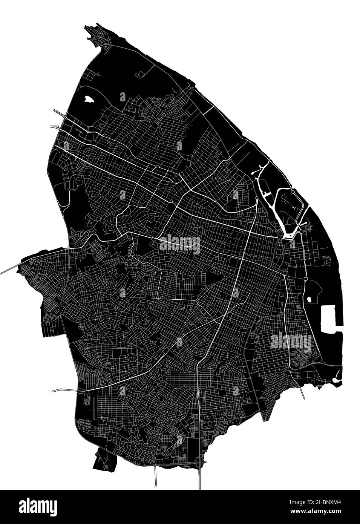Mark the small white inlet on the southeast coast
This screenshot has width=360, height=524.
(338, 375)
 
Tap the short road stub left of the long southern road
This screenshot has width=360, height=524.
(156, 477)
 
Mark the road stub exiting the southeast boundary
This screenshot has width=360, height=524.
(302, 392)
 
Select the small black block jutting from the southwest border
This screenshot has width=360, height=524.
(103, 461)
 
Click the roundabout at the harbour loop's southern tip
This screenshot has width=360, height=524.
(302, 231)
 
